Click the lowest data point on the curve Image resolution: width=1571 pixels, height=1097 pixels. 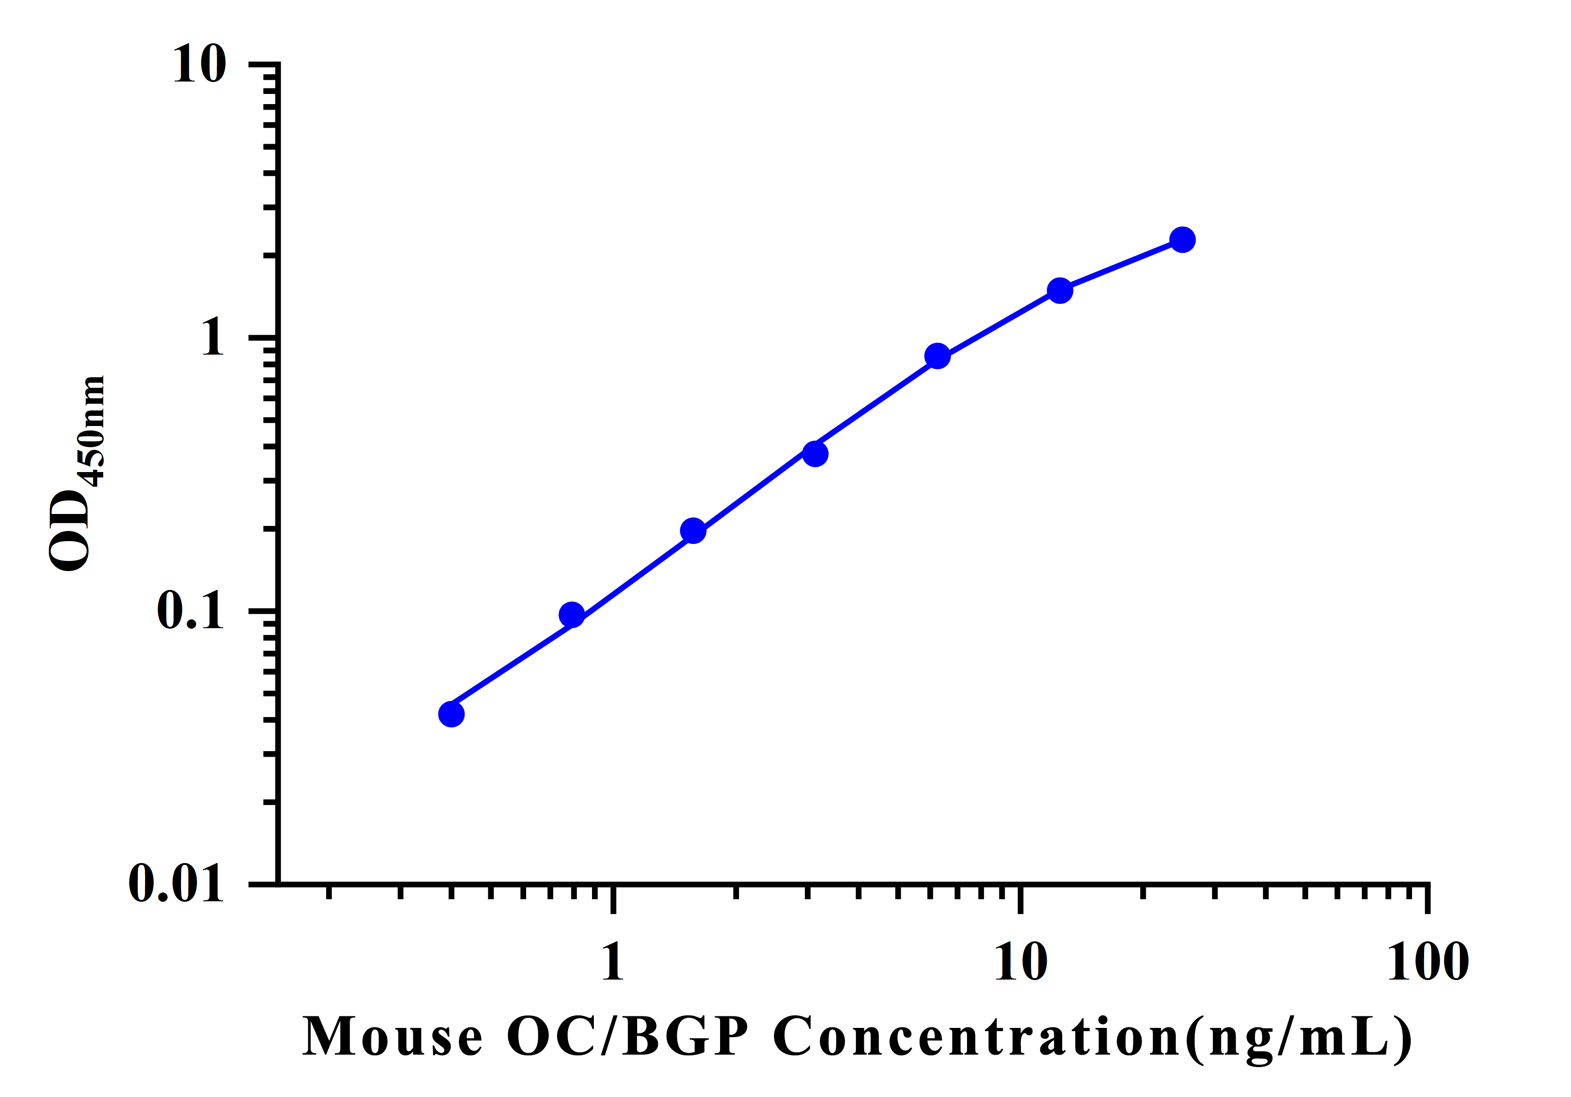(x=451, y=714)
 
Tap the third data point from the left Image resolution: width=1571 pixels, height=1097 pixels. (x=693, y=531)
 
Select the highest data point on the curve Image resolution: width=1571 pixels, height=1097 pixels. (x=1182, y=240)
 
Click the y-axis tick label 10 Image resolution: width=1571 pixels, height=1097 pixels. (x=199, y=65)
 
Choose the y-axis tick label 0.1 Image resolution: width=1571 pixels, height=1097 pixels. (x=190, y=610)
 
